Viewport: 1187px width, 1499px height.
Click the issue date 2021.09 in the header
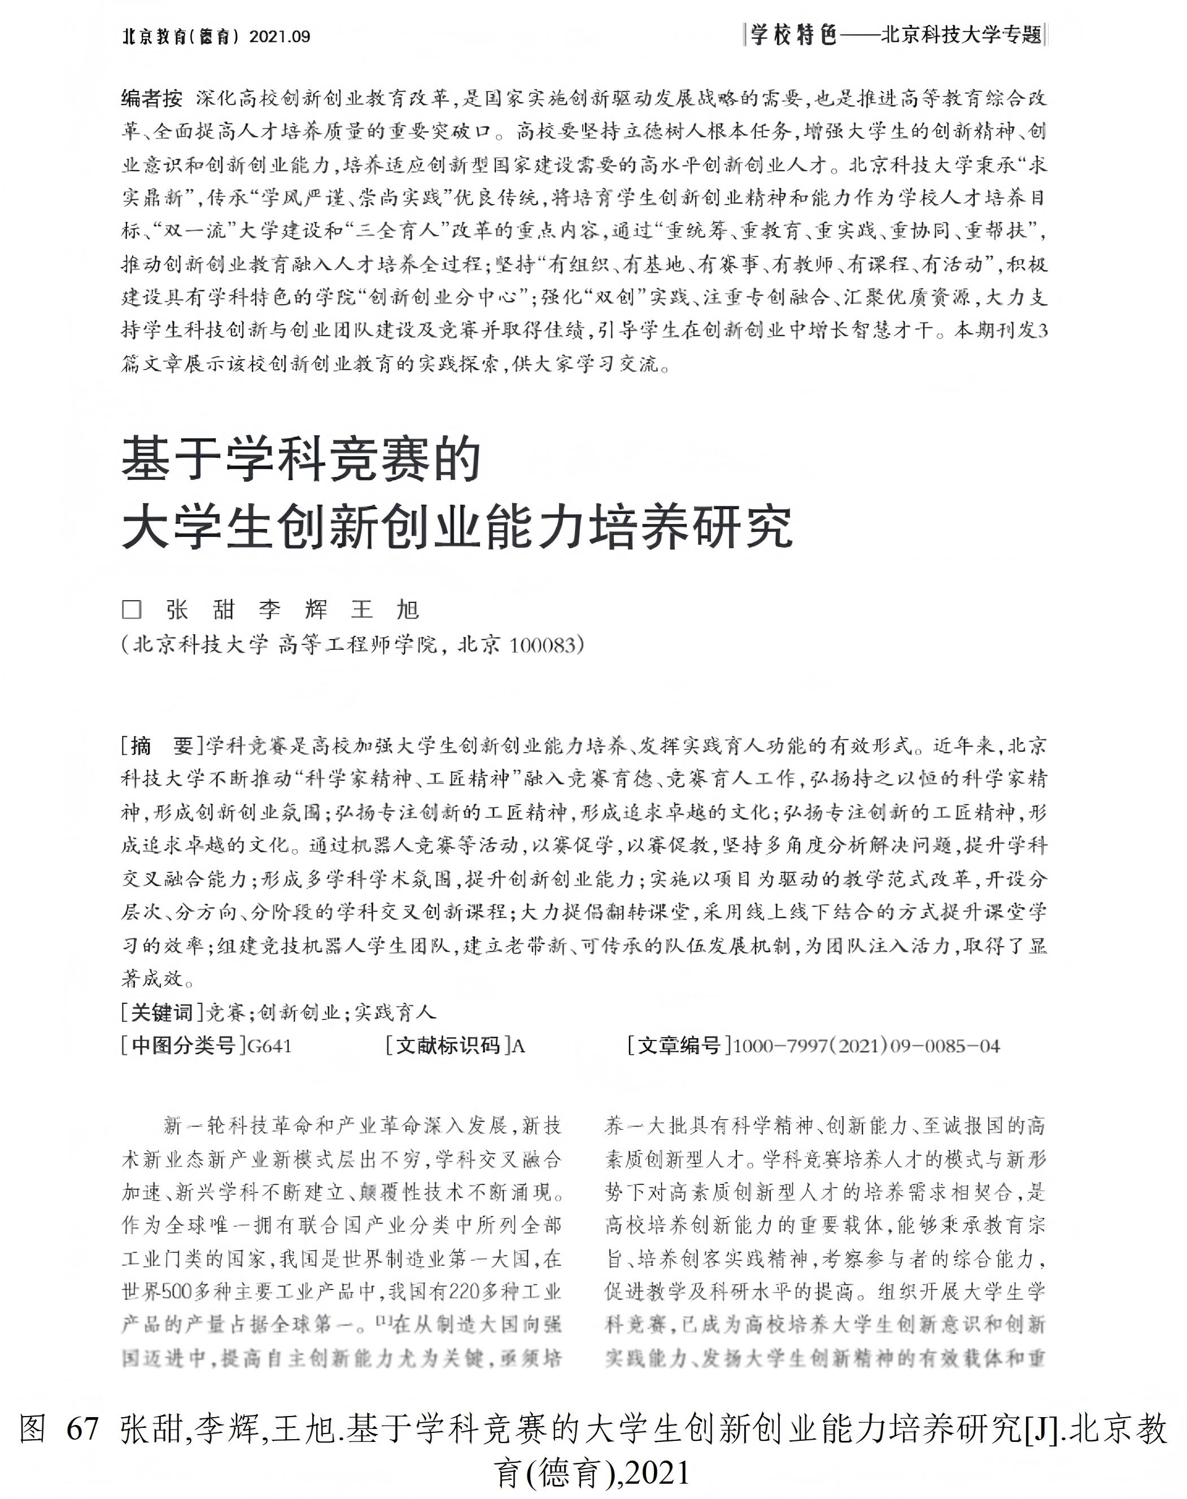[x=280, y=37]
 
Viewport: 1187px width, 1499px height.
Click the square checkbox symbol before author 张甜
[x=132, y=609]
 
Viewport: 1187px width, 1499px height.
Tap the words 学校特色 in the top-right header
[x=793, y=36]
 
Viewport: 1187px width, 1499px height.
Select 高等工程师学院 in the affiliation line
[x=357, y=645]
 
